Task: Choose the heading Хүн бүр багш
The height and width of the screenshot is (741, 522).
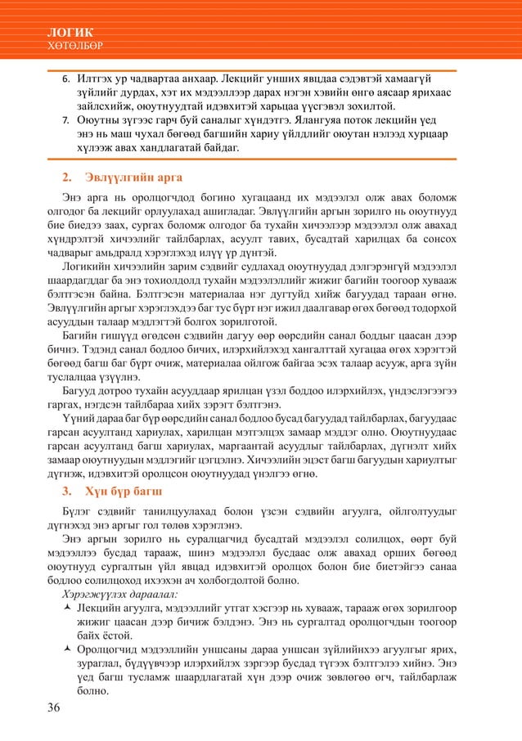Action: (124, 492)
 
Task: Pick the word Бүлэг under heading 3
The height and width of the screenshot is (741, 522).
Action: (80, 512)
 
